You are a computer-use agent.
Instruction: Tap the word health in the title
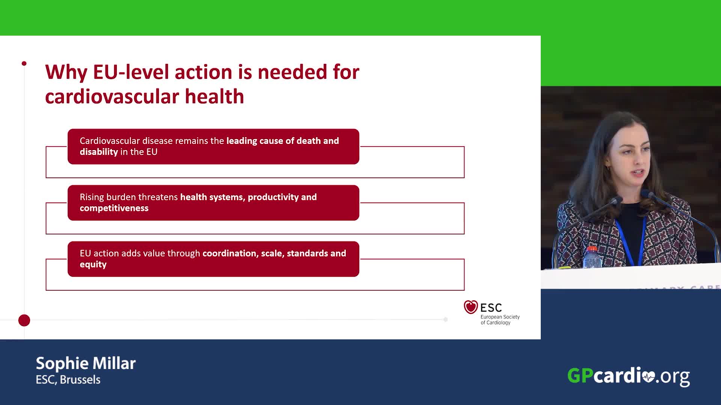(214, 96)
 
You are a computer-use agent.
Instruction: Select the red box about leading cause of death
(213, 146)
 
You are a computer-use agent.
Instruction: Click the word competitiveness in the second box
(114, 208)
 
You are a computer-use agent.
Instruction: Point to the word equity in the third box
(93, 264)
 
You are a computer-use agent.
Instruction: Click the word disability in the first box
(99, 152)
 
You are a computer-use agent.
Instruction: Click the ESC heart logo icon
(471, 307)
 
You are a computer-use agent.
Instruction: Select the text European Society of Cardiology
(500, 319)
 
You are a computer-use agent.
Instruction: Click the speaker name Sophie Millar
(86, 363)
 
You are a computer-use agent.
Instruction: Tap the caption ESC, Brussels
(68, 379)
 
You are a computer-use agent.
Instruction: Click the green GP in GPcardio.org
(580, 375)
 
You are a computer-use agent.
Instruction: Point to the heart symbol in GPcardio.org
(648, 376)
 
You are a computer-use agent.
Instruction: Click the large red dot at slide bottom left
(24, 321)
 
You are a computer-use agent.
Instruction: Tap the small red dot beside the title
(24, 63)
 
